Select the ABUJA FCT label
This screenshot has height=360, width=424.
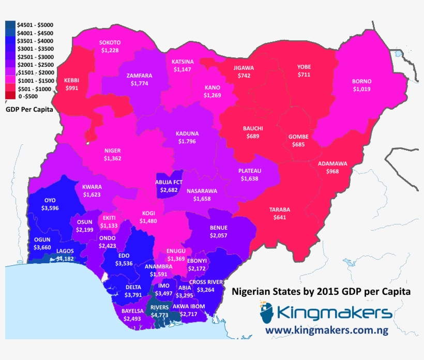pyautogui.click(x=169, y=183)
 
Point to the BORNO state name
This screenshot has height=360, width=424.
pyautogui.click(x=361, y=82)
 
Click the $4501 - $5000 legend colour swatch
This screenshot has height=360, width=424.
pyautogui.click(x=10, y=25)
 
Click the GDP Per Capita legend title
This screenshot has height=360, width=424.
pyautogui.click(x=29, y=110)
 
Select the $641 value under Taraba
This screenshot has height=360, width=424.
pyautogui.click(x=280, y=218)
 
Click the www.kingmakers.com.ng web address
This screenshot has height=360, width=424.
pyautogui.click(x=328, y=329)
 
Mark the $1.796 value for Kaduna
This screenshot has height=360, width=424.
pyautogui.click(x=187, y=141)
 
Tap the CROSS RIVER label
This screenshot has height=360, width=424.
pyautogui.click(x=206, y=282)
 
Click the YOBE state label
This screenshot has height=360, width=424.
pyautogui.click(x=304, y=67)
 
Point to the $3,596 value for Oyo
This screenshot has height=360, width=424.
pyautogui.click(x=50, y=208)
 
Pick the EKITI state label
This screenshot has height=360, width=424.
pyautogui.click(x=109, y=218)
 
